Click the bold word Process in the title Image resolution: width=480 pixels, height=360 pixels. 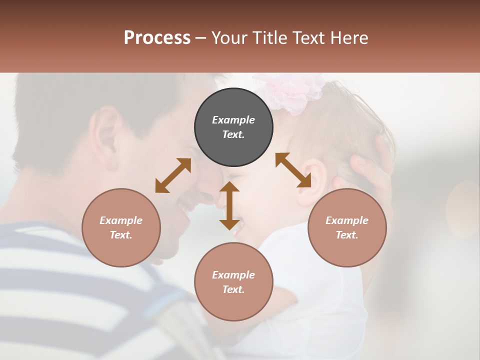157,38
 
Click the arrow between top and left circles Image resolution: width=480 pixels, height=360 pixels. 173,175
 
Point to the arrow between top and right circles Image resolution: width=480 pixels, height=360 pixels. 293,170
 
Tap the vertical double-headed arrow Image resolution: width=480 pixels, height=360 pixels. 229,205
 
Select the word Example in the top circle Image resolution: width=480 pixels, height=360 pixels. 233,120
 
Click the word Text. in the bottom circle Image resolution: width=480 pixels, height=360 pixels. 233,289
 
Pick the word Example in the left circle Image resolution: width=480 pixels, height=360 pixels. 121,220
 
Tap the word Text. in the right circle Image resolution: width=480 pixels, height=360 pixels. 347,235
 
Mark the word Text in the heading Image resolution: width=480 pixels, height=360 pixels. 309,38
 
